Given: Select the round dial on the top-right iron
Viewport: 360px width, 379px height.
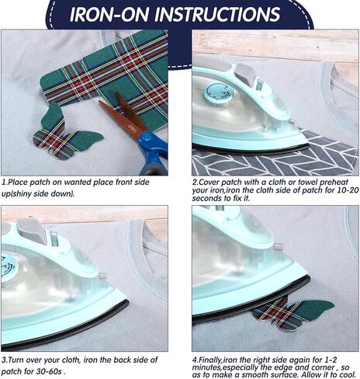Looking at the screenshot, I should click(215, 92).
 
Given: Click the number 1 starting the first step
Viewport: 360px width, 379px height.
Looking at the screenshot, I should click(4, 183).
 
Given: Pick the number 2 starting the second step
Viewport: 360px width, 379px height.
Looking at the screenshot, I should click(196, 183).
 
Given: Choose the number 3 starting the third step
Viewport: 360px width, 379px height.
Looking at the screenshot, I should click(4, 360).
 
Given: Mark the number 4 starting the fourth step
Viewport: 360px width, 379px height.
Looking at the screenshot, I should click(196, 360).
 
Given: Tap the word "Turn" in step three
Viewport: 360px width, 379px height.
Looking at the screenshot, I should click(18, 360).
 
